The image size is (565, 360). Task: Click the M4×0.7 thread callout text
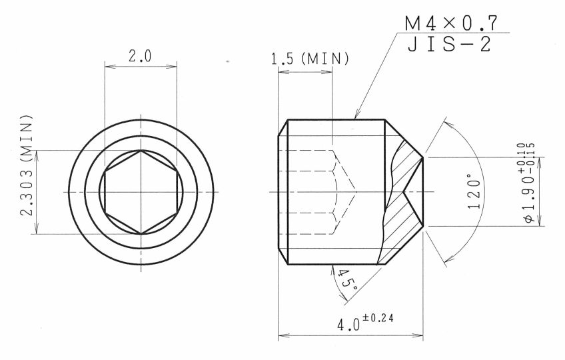coord(451,24)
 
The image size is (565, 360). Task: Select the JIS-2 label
coord(449,45)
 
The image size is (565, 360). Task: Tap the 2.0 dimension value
coord(140,56)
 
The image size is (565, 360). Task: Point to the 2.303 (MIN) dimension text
coord(27,165)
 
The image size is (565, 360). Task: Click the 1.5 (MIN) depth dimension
coord(310,59)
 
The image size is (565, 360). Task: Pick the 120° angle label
coord(474,191)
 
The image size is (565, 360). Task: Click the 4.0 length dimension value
coord(348,325)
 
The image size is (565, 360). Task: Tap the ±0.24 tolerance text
coord(378,318)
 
